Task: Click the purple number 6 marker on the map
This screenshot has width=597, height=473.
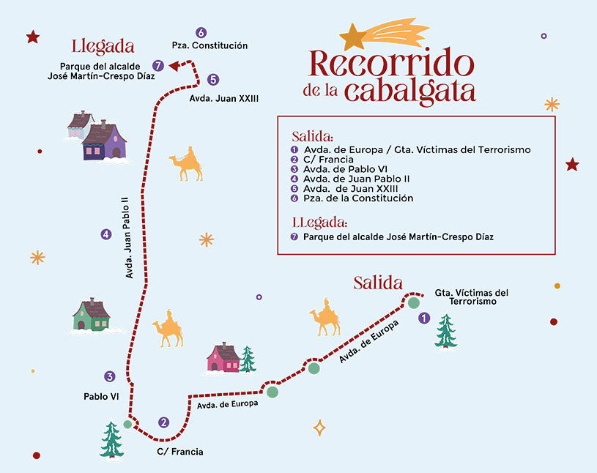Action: pyautogui.click(x=201, y=32)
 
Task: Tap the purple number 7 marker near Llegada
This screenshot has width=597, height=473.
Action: pyautogui.click(x=157, y=64)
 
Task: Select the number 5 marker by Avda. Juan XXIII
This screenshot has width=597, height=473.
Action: pyautogui.click(x=212, y=80)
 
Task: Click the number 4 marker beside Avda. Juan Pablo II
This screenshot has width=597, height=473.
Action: pyautogui.click(x=107, y=234)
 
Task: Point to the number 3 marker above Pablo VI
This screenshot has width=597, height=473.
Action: pyautogui.click(x=110, y=376)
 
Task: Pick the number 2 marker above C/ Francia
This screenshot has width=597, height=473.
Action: pyautogui.click(x=163, y=422)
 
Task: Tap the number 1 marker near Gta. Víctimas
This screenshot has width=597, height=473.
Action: pyautogui.click(x=424, y=319)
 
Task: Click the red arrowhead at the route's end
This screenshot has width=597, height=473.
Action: pyautogui.click(x=174, y=66)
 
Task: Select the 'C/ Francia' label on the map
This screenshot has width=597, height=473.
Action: pyautogui.click(x=180, y=452)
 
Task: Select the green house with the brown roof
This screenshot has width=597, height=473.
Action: pyautogui.click(x=91, y=315)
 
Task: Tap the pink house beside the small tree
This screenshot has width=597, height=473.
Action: pyautogui.click(x=223, y=358)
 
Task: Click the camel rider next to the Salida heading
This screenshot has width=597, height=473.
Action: pyautogui.click(x=325, y=316)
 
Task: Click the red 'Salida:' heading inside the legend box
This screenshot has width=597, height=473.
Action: pyautogui.click(x=312, y=137)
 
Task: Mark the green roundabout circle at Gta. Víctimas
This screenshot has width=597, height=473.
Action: pyautogui.click(x=414, y=302)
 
